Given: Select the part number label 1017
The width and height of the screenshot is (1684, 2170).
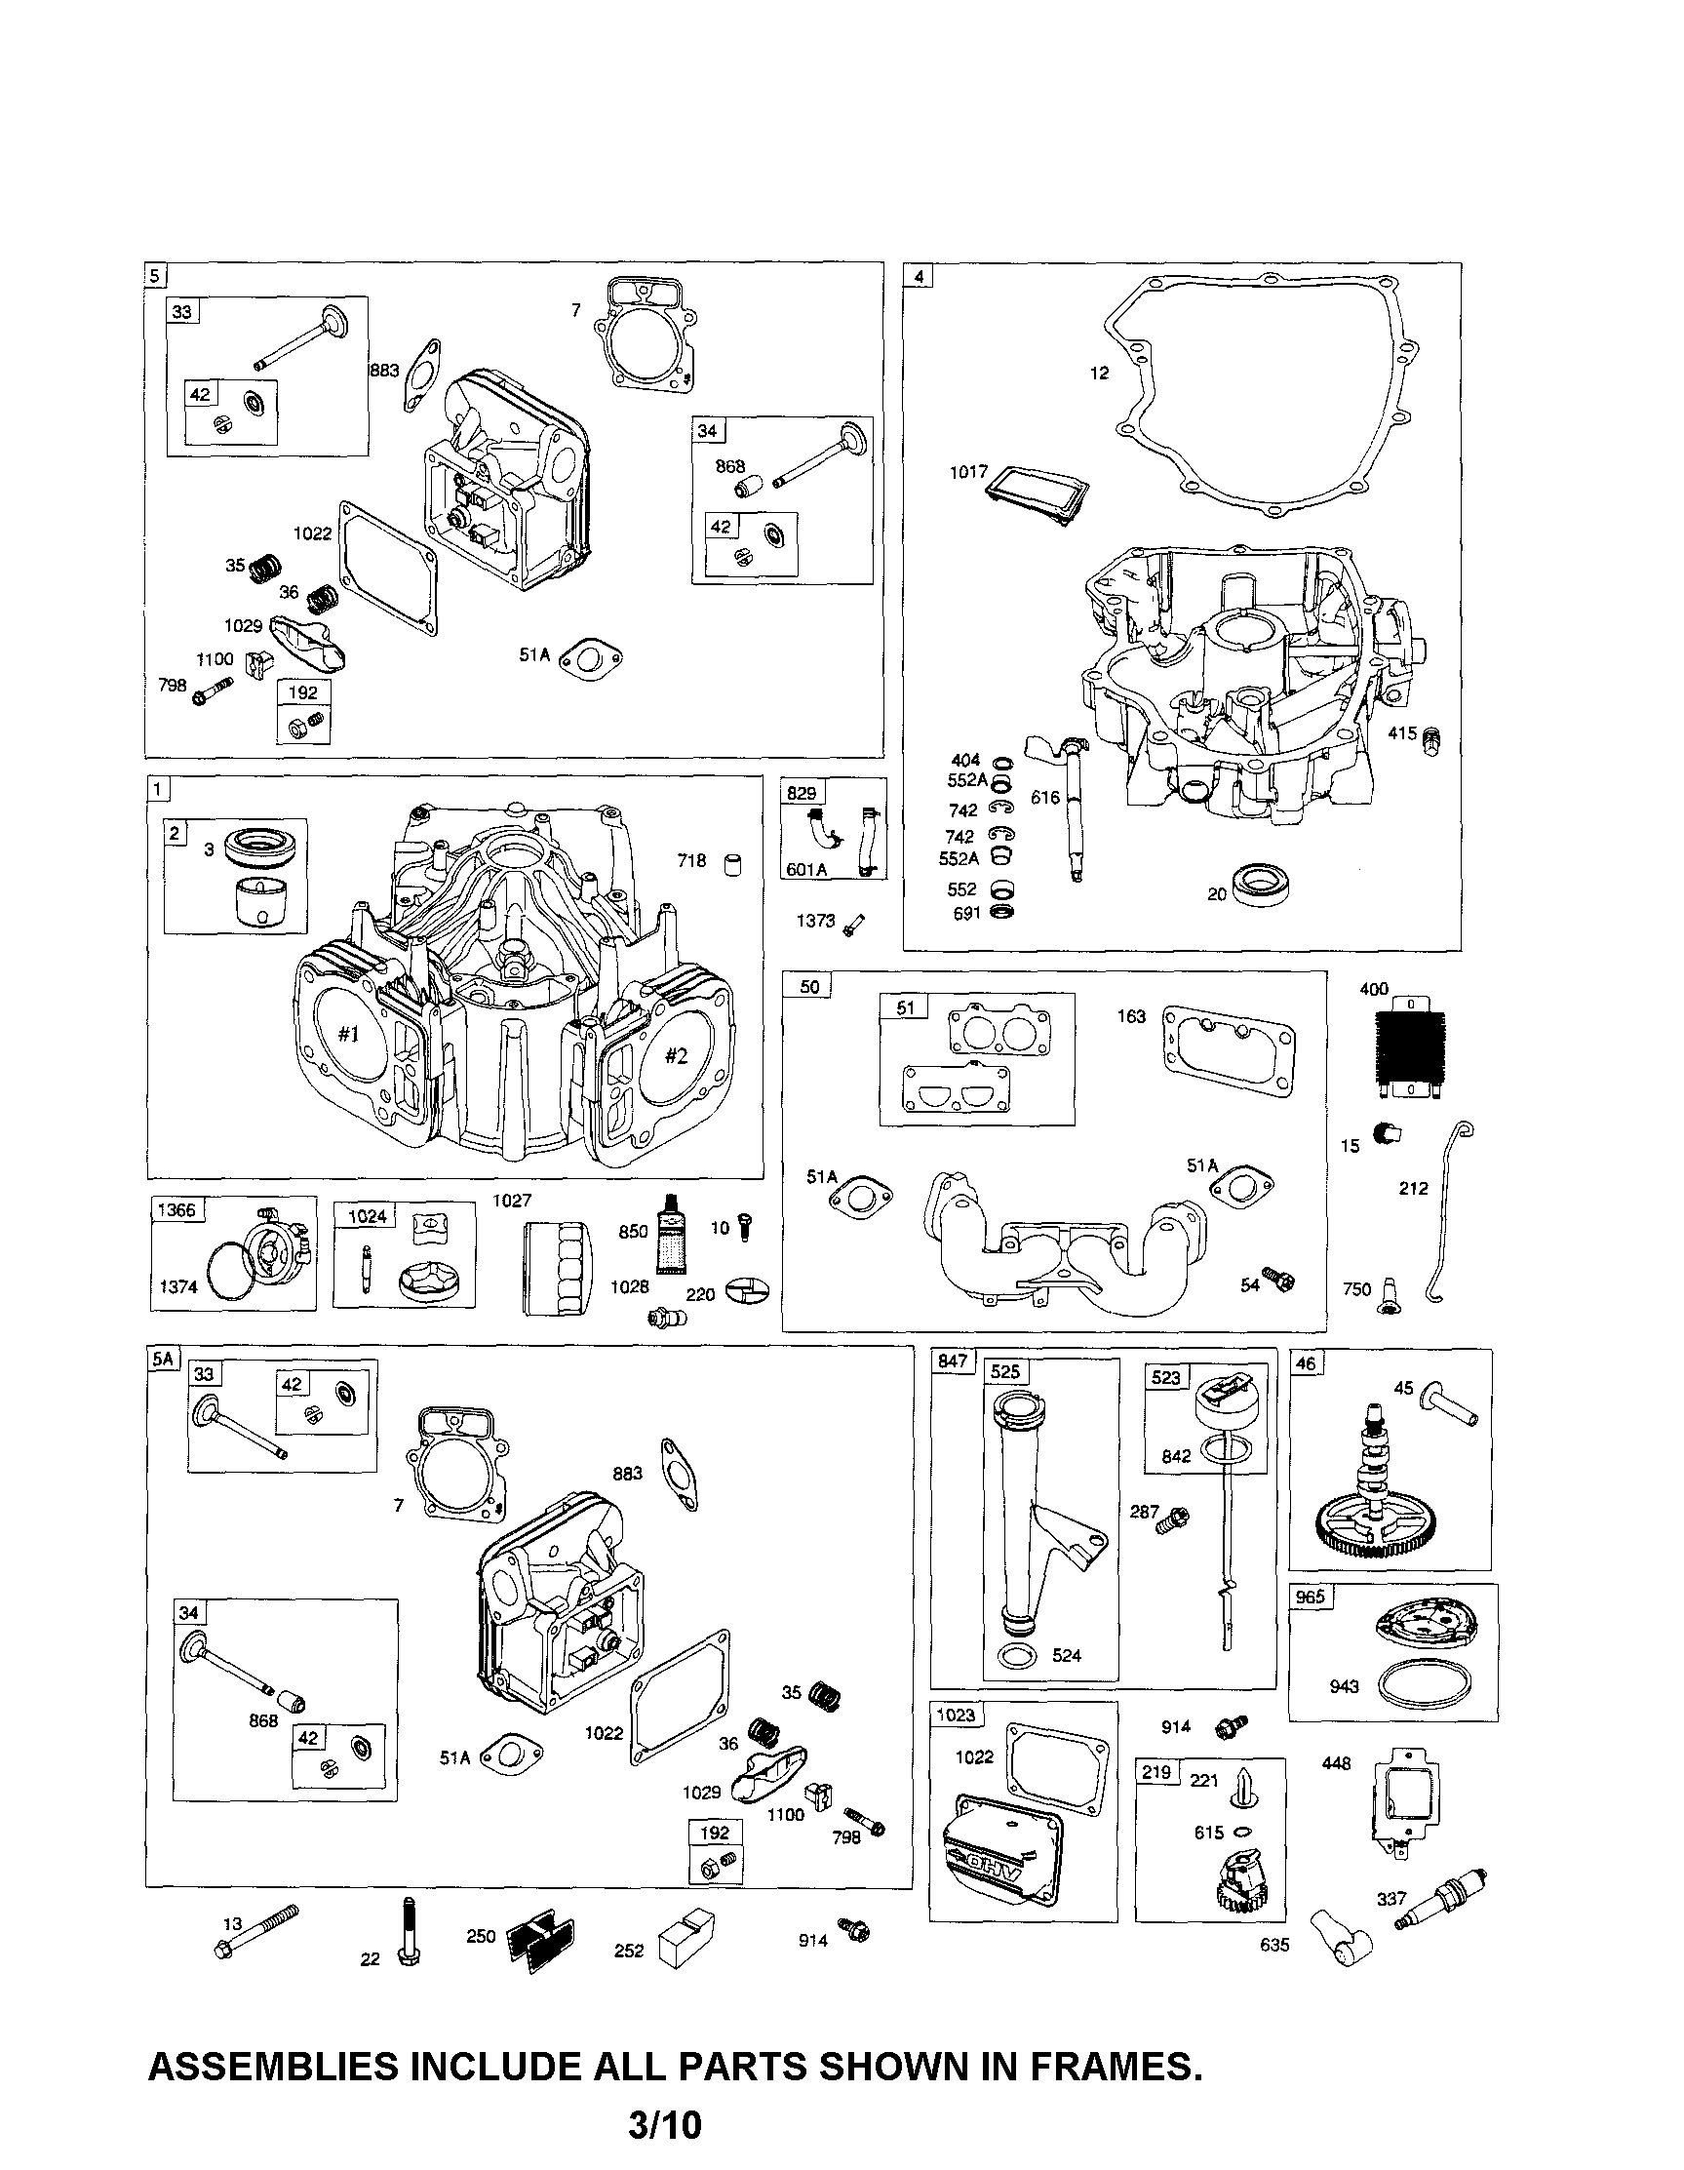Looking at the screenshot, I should [x=967, y=472].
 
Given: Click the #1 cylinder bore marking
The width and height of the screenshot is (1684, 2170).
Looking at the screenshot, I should [x=348, y=1035].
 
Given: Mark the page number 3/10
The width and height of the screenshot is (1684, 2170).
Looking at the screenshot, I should [x=665, y=2125].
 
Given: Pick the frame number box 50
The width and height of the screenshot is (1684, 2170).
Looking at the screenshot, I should [x=808, y=987].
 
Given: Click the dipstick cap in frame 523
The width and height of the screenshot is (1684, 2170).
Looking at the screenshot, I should [x=1219, y=1407].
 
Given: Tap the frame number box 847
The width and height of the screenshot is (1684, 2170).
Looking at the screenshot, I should [x=952, y=1361].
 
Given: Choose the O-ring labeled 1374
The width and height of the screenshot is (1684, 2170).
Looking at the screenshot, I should [x=236, y=1277].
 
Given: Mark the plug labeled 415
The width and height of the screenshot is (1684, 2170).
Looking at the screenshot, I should [x=1430, y=740].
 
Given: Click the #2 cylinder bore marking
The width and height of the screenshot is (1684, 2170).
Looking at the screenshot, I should [x=676, y=1056].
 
